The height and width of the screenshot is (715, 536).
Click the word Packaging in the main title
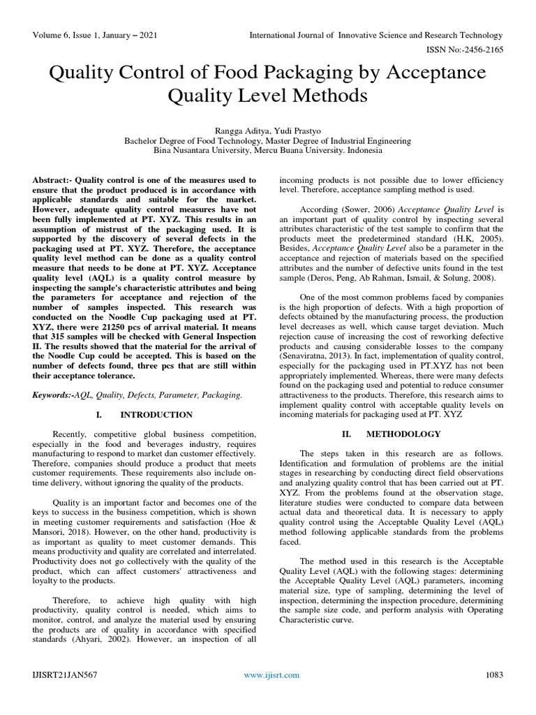299,73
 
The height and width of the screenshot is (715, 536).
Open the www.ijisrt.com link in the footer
271,675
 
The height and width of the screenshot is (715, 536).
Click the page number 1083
493,675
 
